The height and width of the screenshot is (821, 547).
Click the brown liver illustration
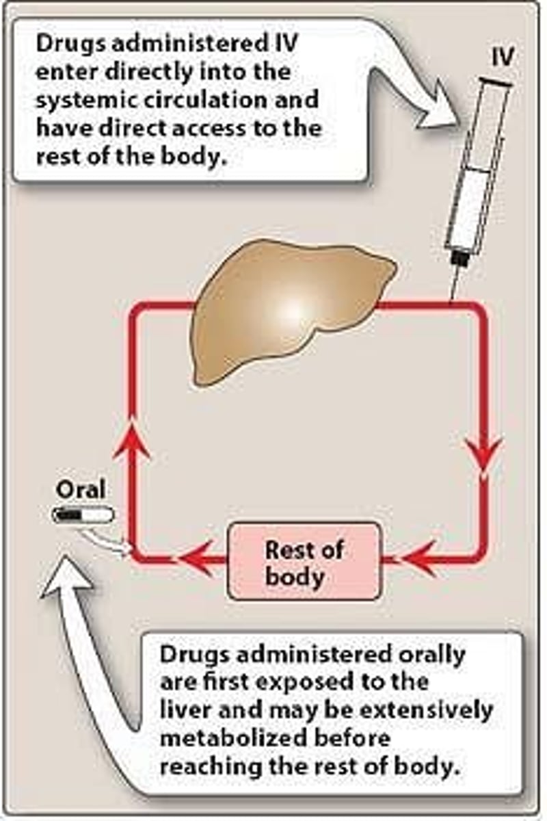point(287,308)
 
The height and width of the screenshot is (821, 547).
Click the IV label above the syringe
point(503,58)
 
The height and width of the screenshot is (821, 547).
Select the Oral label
point(81,490)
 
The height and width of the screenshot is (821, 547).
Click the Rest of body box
point(303,562)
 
